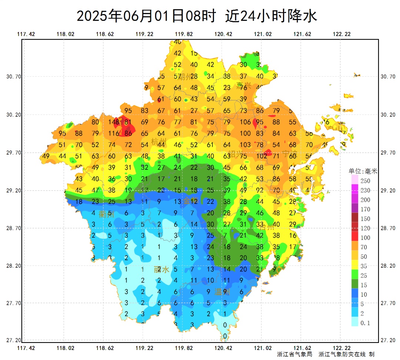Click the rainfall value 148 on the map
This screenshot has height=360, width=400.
(x=113, y=122)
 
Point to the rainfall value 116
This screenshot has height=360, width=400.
(x=114, y=133)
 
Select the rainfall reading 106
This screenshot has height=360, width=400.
(x=245, y=122)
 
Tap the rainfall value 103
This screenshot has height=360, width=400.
(x=245, y=145)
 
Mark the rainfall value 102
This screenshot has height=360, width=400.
(x=261, y=156)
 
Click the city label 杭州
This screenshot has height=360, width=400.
(x=159, y=142)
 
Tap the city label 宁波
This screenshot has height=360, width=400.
(x=289, y=153)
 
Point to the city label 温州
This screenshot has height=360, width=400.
(x=222, y=292)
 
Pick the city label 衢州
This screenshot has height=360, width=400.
(x=107, y=214)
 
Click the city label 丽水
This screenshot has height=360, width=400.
(x=161, y=270)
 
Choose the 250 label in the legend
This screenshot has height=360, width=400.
(x=366, y=181)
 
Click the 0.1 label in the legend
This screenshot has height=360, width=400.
(x=365, y=323)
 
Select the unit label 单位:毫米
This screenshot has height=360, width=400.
(x=363, y=171)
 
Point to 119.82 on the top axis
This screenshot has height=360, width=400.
(x=184, y=34)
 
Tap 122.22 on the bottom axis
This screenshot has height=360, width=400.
(x=341, y=348)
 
